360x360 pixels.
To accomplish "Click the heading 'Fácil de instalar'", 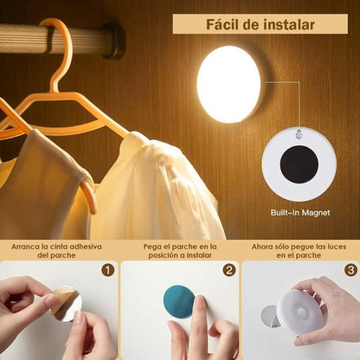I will (259, 24).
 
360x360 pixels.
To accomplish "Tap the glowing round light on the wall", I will (228, 84).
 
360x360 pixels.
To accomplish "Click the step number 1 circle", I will (107, 270).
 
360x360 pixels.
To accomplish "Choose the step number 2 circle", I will (228, 270).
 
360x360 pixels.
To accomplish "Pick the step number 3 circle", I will (350, 270).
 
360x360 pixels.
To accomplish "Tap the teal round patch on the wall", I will (179, 302).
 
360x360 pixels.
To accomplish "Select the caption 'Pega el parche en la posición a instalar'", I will (179, 251).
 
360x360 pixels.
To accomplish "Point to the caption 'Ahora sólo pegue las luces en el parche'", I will (299, 251).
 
